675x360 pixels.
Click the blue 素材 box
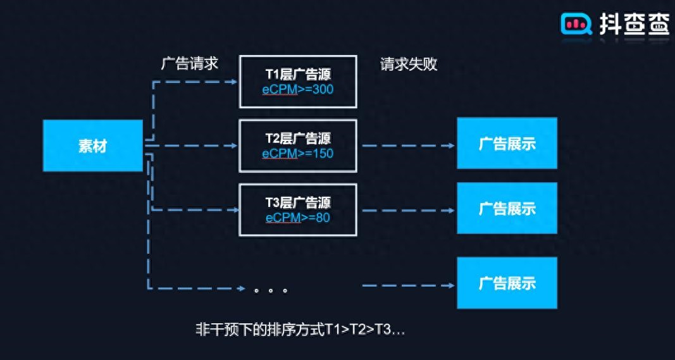(92, 146)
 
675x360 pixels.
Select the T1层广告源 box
(297, 82)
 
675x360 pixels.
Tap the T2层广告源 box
(297, 146)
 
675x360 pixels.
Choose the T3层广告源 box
(297, 210)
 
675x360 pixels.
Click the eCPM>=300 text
(298, 90)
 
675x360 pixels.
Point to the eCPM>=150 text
(298, 154)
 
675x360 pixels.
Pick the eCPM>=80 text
(298, 218)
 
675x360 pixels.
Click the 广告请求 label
(190, 64)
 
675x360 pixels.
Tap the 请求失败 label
(409, 64)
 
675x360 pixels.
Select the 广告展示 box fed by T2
(507, 143)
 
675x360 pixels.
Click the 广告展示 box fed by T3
(507, 208)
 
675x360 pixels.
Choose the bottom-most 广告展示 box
(507, 283)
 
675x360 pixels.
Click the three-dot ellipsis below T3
(271, 291)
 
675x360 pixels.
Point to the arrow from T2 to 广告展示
(408, 146)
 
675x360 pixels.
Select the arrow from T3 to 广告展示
(408, 210)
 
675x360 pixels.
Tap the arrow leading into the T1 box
(196, 82)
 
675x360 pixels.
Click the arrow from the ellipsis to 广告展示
(408, 285)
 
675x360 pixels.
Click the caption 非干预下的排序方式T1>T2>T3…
(300, 330)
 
